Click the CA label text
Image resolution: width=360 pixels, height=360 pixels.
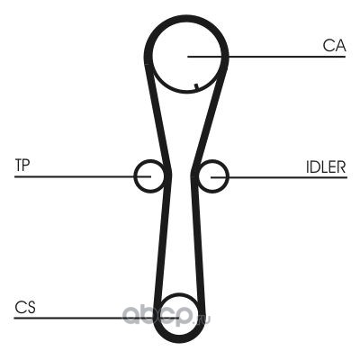[334, 46]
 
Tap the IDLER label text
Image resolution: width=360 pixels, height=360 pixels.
[326, 167]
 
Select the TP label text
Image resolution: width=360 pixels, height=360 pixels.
[22, 165]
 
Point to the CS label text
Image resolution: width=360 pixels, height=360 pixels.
[25, 308]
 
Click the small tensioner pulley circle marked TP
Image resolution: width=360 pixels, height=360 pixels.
[134, 176]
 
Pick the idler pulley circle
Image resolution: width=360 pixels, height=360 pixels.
[228, 176]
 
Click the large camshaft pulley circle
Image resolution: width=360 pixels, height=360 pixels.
[153, 57]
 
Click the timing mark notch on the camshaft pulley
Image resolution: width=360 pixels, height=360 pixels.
[196, 87]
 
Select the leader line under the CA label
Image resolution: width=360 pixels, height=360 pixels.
[266, 57]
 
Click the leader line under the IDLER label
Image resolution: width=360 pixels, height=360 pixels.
[279, 177]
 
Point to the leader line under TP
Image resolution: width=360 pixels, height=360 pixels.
[83, 176]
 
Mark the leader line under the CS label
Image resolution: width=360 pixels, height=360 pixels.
[96, 318]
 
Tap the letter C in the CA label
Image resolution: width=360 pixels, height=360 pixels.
[328, 46]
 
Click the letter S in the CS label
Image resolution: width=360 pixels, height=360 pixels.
[31, 308]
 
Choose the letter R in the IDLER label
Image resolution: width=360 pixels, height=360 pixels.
[341, 167]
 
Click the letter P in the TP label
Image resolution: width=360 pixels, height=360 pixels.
[27, 165]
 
